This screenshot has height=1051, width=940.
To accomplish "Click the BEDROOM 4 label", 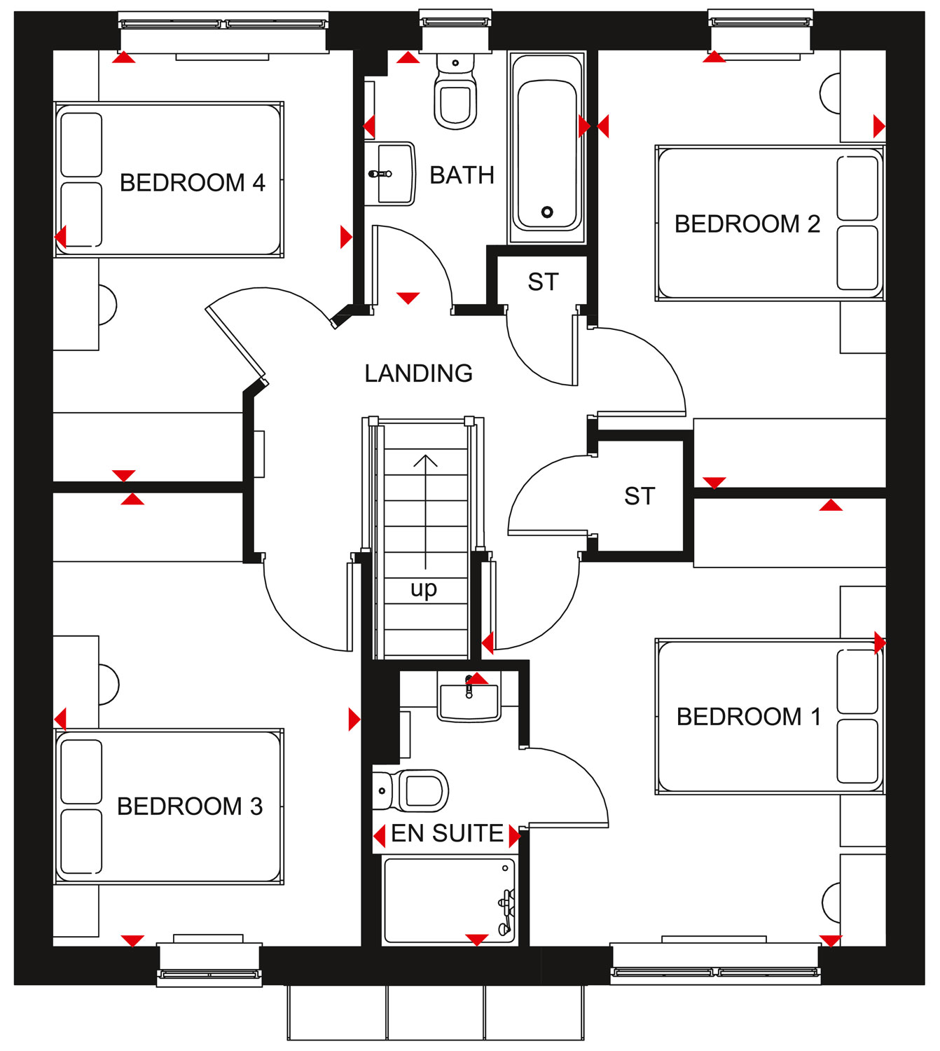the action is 193,183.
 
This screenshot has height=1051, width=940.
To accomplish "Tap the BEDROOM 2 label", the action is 747,224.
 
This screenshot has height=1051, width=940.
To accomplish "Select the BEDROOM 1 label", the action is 749,716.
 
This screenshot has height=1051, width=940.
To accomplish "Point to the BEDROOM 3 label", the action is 190,806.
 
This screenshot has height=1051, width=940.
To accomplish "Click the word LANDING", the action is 419,373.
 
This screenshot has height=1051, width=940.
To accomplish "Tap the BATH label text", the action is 462,175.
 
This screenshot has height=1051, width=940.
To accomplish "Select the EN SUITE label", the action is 447,832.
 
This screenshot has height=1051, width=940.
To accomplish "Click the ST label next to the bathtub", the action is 543,282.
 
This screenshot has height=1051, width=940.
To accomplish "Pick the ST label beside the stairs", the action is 640,496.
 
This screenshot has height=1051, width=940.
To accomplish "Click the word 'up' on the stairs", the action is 424,589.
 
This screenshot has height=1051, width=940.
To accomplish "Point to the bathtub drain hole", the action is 547,212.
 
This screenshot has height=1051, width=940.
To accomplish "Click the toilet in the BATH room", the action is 455,91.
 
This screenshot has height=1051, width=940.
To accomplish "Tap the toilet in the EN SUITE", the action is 410,791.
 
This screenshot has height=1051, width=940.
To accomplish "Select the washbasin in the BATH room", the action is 389,174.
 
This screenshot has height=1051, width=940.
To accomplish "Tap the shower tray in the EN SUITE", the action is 449,900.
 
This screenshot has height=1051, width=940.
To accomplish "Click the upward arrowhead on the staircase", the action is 425,460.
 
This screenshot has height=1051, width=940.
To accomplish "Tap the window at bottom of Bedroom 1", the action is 715,965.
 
